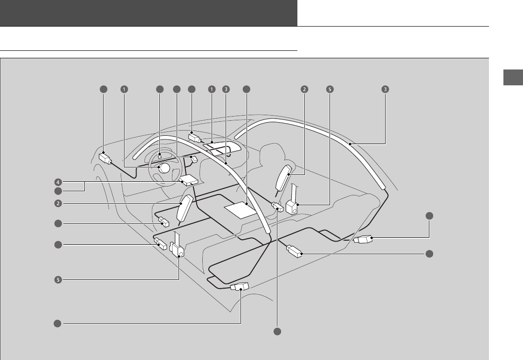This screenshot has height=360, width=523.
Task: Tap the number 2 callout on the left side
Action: tap(57, 203)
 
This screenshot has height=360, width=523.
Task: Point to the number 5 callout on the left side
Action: tap(57, 280)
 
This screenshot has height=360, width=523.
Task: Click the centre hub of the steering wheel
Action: tap(163, 169)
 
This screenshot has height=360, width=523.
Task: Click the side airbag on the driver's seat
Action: tap(187, 210)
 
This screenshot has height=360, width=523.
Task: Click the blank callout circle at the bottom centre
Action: tap(277, 332)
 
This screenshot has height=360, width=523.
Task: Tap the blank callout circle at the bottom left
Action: tap(57, 323)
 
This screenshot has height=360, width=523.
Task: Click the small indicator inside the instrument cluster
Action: tap(159, 155)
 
